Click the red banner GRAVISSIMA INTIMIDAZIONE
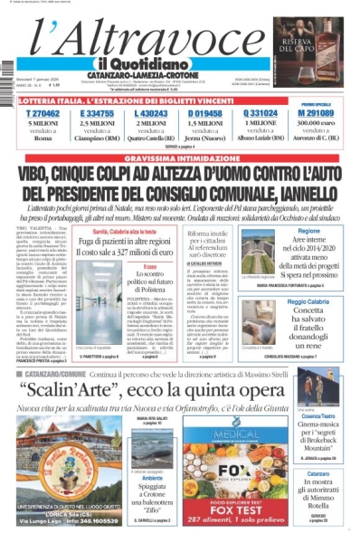pos(179,157)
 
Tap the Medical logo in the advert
pos(231,445)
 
